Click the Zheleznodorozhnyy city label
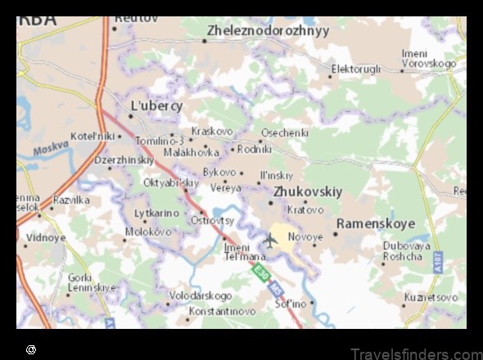click(269, 31)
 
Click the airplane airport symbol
click(270, 239)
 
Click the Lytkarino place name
click(156, 214)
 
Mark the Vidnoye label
click(46, 238)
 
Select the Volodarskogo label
click(200, 295)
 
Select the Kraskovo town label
click(211, 131)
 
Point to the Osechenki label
click(284, 133)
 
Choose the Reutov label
click(136, 17)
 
